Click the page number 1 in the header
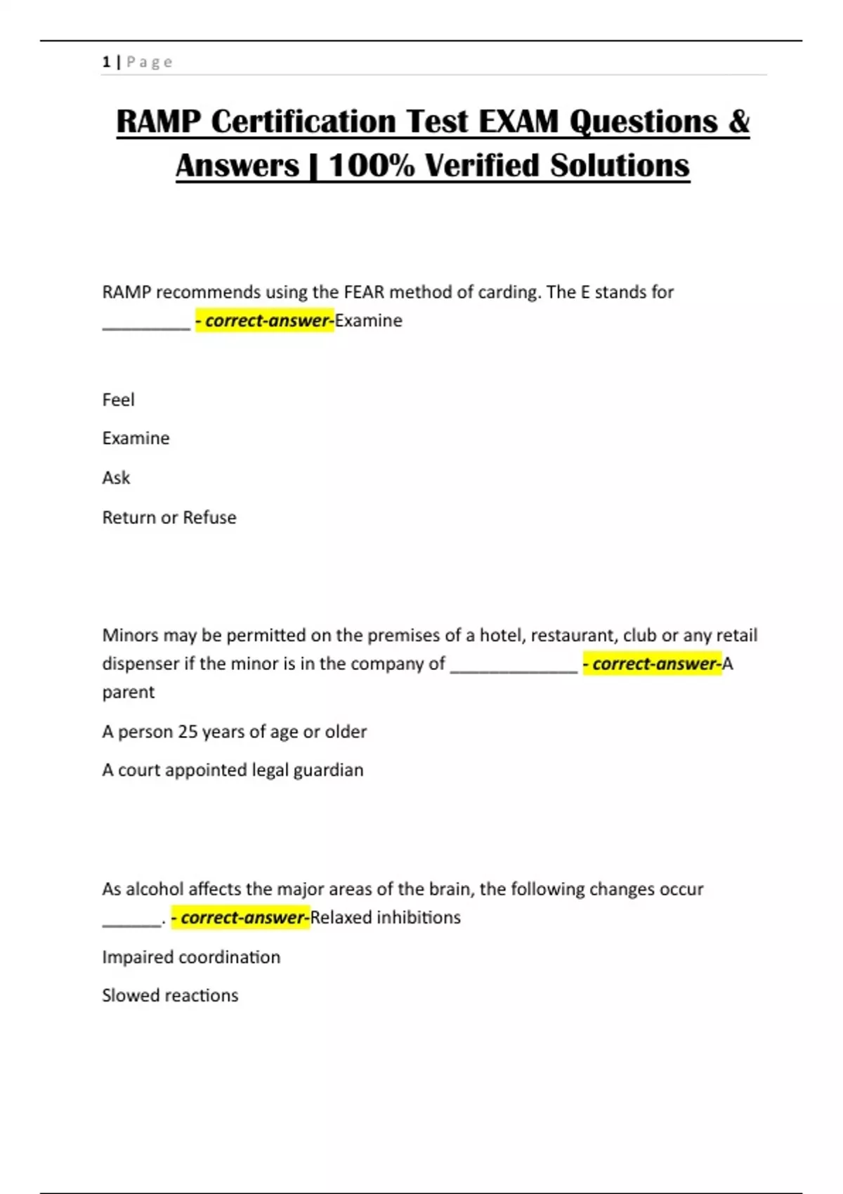click(106, 62)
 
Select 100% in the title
click(372, 166)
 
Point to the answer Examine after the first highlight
click(369, 320)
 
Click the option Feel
click(118, 400)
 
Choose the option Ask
click(116, 478)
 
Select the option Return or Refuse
click(169, 518)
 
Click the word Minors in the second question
click(131, 635)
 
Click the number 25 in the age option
click(188, 731)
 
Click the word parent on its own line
click(129, 692)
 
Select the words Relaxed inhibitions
click(386, 917)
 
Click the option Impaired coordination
click(191, 957)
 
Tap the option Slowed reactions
click(170, 995)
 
